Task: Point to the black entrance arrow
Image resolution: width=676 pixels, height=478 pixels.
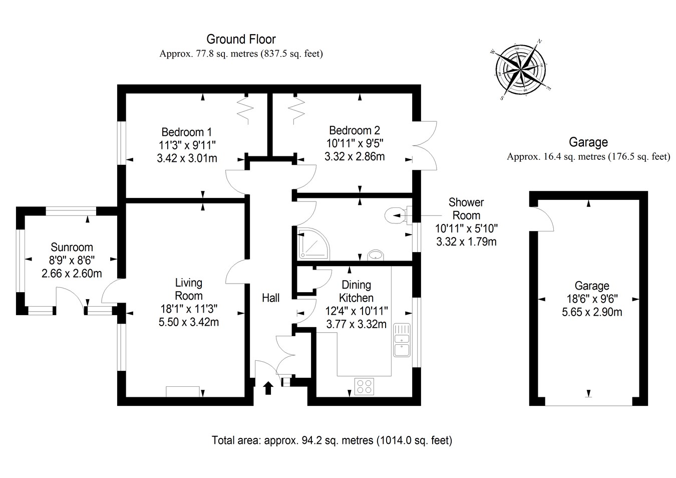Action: [x=268, y=387]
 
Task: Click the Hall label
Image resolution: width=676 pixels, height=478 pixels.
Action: [x=271, y=298]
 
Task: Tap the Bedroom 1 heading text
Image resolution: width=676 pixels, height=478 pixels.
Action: [x=186, y=132]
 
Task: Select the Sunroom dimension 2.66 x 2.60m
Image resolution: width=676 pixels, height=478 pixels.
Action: [x=72, y=274]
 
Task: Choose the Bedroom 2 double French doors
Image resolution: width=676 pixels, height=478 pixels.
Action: [x=426, y=146]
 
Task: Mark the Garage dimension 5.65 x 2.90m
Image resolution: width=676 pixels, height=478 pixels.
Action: [x=592, y=312]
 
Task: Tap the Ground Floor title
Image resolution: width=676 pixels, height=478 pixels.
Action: [x=241, y=39]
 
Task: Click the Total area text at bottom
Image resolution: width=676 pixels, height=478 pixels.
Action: [x=332, y=440]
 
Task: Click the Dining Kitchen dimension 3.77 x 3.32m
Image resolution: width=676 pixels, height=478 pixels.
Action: [x=356, y=324]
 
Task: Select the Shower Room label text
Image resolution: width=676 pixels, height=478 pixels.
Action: [x=466, y=209]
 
